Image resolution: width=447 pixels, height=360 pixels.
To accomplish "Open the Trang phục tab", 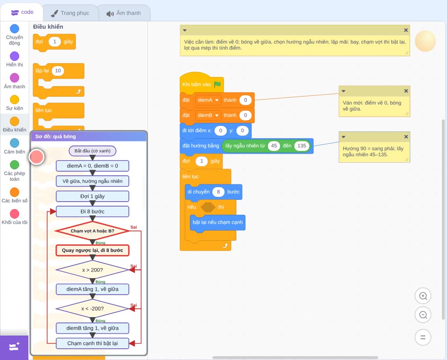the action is click(x=70, y=13).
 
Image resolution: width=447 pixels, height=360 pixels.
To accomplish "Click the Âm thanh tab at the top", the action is click(x=124, y=13).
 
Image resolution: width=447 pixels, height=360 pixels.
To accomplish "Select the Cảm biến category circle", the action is click(x=15, y=143).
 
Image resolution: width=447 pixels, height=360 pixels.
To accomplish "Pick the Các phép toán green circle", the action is click(x=15, y=165).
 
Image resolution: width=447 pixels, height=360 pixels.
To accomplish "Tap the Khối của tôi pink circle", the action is click(x=15, y=213).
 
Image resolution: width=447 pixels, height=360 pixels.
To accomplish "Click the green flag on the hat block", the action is click(x=217, y=84).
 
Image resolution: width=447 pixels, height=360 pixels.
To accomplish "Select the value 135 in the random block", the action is click(x=302, y=146).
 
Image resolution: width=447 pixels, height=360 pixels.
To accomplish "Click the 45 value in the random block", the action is click(x=274, y=146).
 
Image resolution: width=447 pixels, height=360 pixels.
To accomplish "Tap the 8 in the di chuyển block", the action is click(x=219, y=192).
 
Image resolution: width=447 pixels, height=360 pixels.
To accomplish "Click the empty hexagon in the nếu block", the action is click(x=208, y=207).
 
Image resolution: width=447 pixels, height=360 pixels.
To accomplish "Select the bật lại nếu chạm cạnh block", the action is click(x=218, y=222).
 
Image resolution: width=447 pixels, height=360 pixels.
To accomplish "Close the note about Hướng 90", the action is click(x=406, y=137).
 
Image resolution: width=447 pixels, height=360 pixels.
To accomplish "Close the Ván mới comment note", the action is click(x=406, y=91).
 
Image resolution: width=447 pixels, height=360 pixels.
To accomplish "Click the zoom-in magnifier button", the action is click(x=423, y=296).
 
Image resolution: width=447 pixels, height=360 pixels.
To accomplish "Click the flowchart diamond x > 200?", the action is click(x=93, y=270).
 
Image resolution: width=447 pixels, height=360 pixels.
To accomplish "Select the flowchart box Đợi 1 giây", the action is click(x=93, y=196).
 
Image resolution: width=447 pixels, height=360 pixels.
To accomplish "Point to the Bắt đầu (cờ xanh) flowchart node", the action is click(x=93, y=151).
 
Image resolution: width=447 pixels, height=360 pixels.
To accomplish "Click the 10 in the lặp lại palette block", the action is click(x=58, y=71).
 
